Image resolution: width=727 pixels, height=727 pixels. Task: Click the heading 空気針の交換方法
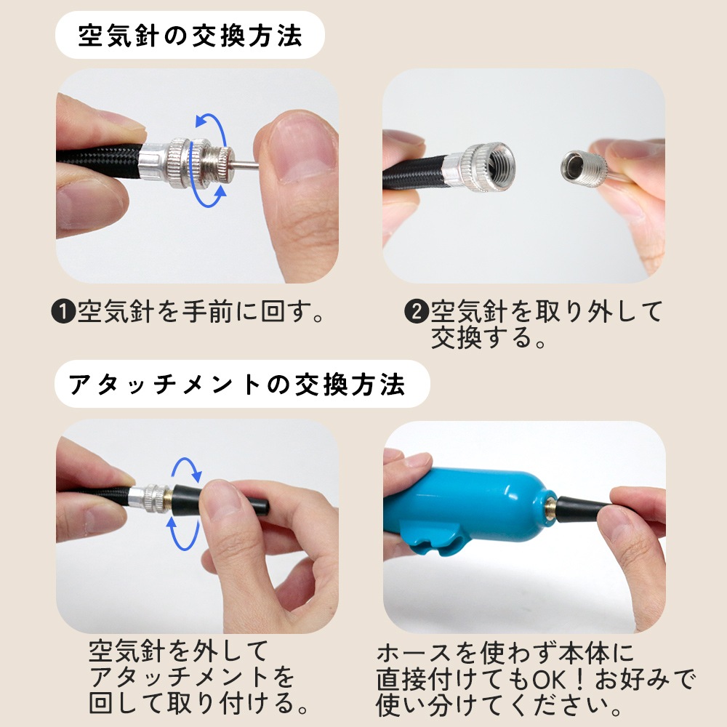(x=190, y=36)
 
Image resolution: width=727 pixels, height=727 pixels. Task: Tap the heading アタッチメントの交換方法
(x=237, y=385)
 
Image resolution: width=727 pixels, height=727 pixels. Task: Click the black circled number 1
(x=63, y=312)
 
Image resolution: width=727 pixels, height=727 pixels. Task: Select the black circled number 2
(x=417, y=312)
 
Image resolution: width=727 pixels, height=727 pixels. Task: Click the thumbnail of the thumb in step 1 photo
(x=304, y=148)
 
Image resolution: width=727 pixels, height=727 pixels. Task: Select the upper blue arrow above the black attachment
(x=188, y=467)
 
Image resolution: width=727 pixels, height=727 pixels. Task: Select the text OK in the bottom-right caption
(x=549, y=680)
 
